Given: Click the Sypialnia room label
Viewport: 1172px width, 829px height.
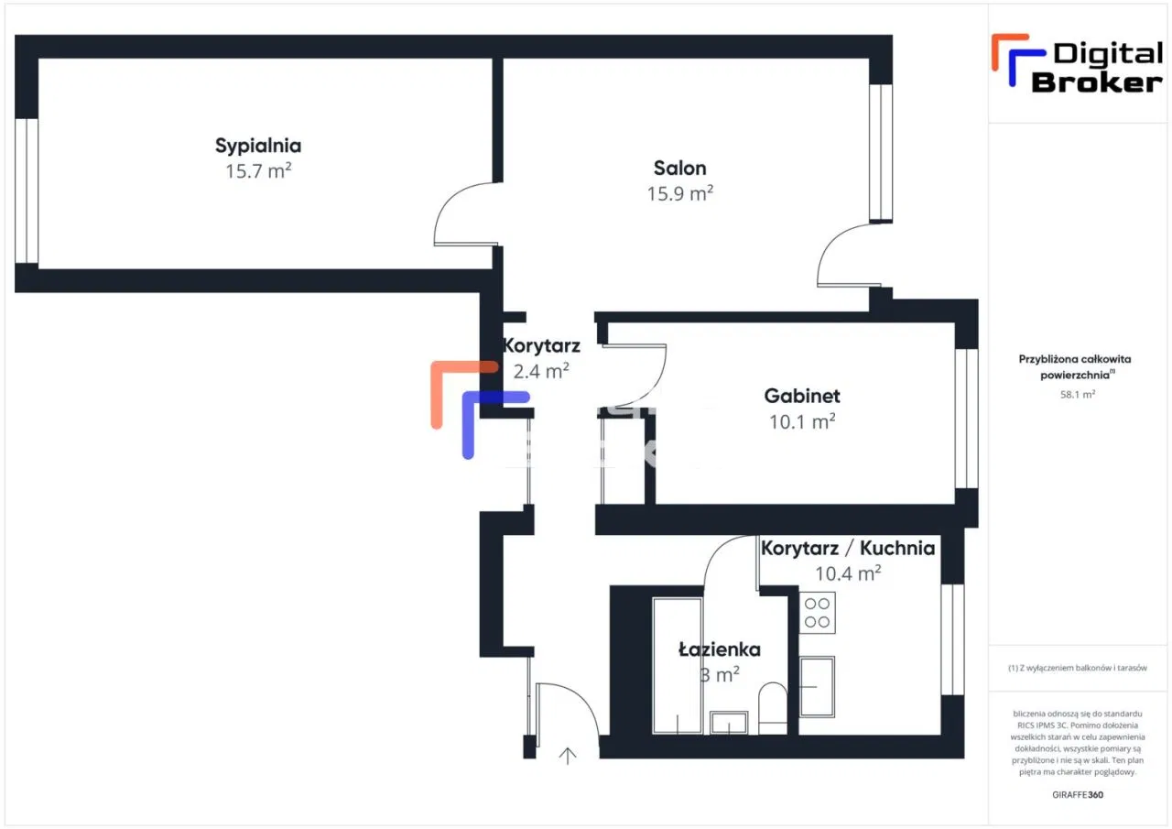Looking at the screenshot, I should point(258,146).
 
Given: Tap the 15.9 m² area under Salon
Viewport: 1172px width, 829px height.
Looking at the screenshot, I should point(679,194).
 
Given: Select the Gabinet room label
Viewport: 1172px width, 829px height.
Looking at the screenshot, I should point(802,397).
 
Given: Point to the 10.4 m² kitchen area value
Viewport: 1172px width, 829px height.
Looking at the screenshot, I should point(848,574).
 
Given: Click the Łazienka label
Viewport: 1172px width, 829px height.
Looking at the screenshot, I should point(719,649).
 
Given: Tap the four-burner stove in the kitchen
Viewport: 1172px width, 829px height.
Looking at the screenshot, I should point(817,613).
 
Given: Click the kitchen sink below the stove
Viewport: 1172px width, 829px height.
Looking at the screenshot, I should point(817,686).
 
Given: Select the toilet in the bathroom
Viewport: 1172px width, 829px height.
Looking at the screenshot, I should point(773,707).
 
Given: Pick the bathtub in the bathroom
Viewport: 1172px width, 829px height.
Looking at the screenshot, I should point(678,665).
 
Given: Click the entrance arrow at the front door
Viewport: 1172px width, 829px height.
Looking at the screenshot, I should point(569,756).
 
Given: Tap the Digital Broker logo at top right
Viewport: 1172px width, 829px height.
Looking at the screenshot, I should point(1077,65).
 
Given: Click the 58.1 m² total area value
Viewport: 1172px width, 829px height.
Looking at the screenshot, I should point(1078,395).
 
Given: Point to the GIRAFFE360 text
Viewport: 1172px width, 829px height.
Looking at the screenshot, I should point(1078,794).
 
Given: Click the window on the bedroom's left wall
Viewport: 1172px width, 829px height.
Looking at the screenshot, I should point(27,191).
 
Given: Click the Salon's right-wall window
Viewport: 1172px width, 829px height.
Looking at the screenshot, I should point(880,153).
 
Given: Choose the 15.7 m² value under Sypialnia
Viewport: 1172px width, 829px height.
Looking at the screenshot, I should point(258,171).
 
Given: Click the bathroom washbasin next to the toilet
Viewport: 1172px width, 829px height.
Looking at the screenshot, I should point(729,723).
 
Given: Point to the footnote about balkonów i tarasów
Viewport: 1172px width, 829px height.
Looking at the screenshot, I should point(1078,669).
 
